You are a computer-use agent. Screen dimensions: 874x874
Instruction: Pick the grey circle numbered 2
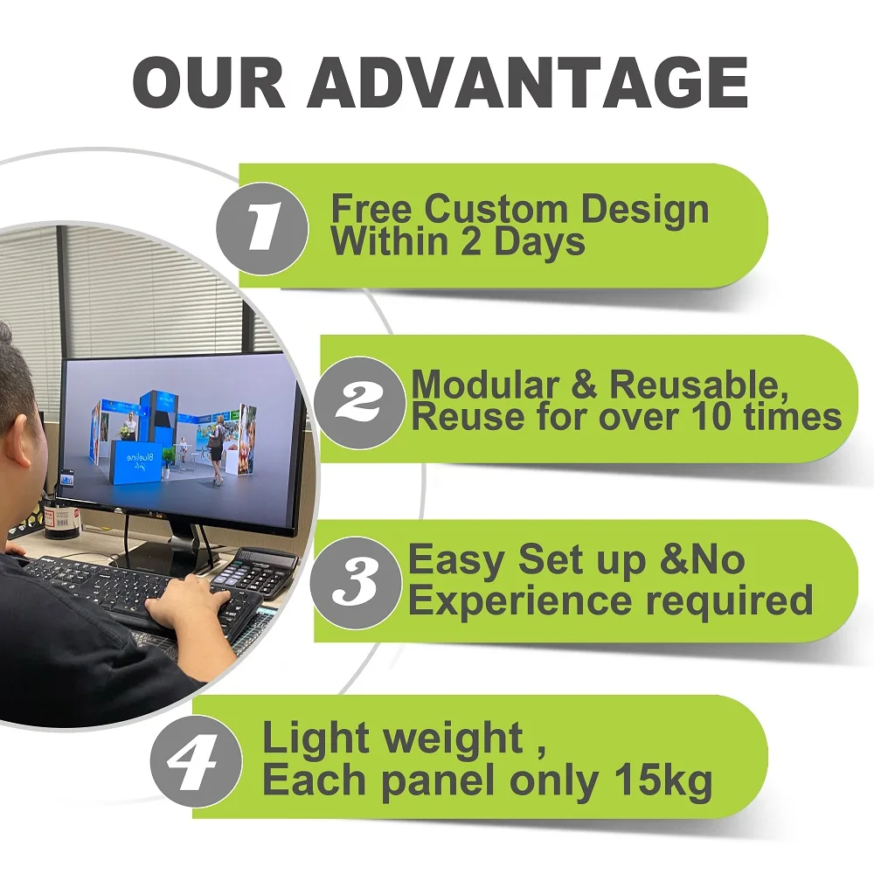click(359, 401)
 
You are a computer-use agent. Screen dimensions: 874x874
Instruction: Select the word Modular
click(485, 385)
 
